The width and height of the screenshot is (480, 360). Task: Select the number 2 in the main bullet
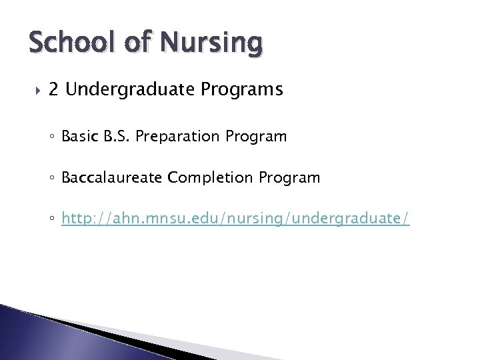tap(54, 89)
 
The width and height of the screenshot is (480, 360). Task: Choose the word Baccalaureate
tap(113, 179)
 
